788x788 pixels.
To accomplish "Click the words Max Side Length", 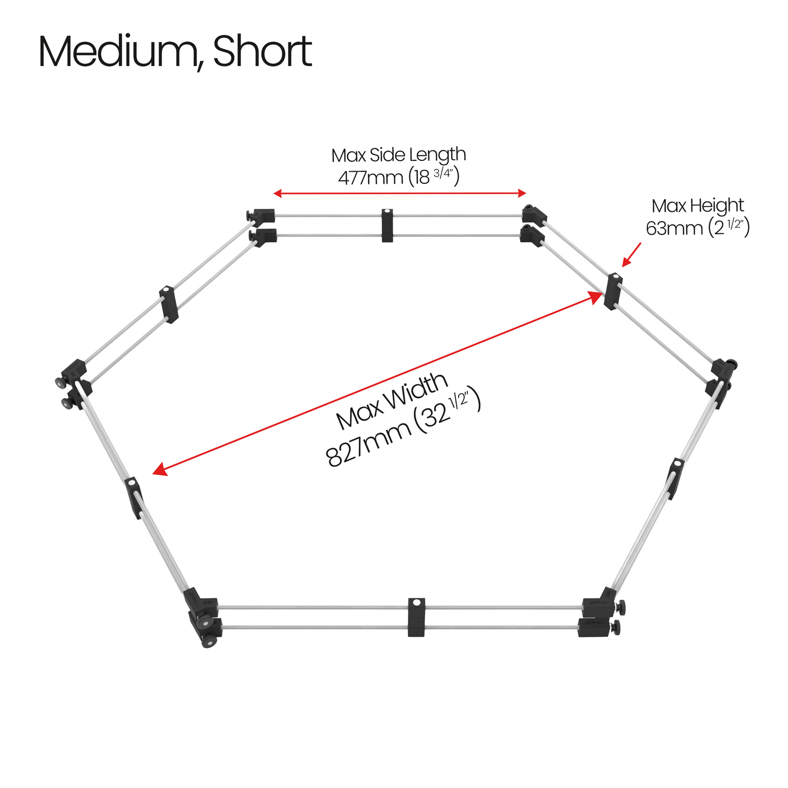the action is point(399,156).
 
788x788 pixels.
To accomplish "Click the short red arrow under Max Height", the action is point(631,255).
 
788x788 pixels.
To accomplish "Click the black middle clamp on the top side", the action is point(387,225).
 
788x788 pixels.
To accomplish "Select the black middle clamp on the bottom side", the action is point(416,617).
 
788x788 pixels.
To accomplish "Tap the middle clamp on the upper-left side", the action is point(169,304).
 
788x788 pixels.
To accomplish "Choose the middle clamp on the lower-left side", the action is point(133,498).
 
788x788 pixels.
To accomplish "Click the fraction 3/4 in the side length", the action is point(443,173).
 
